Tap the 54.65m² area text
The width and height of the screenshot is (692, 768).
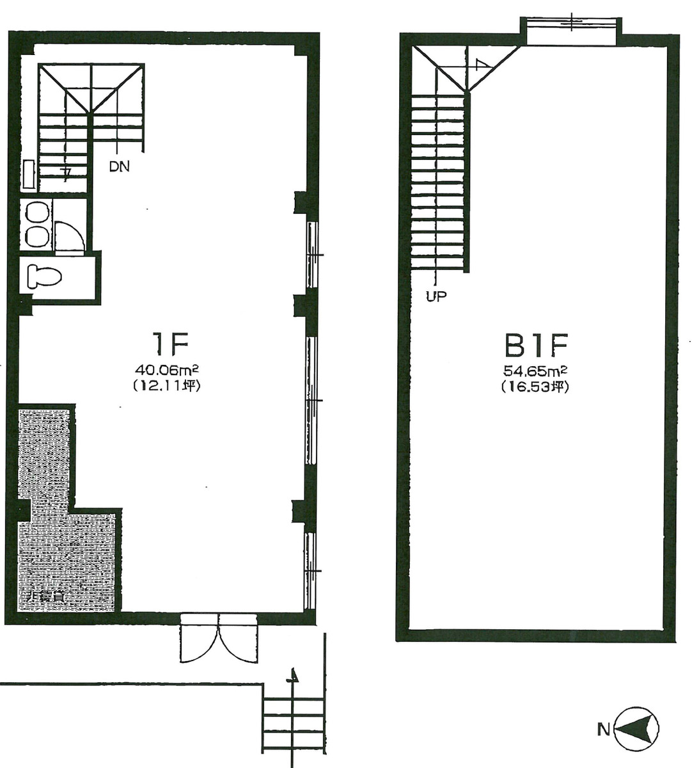535,371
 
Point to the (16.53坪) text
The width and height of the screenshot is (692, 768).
535,387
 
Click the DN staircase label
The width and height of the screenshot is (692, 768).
119,168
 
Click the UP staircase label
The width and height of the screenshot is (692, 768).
436,296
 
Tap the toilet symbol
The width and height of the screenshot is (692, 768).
45,276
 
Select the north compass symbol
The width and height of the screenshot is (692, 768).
636,729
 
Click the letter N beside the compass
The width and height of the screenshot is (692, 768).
602,729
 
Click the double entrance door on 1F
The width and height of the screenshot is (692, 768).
219,638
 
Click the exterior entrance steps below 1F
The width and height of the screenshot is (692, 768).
294,723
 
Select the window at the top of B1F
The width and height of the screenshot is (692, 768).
570,30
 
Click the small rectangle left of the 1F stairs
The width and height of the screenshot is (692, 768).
29,175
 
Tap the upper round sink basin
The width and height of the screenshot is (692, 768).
37,212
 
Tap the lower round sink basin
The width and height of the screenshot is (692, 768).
37,236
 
